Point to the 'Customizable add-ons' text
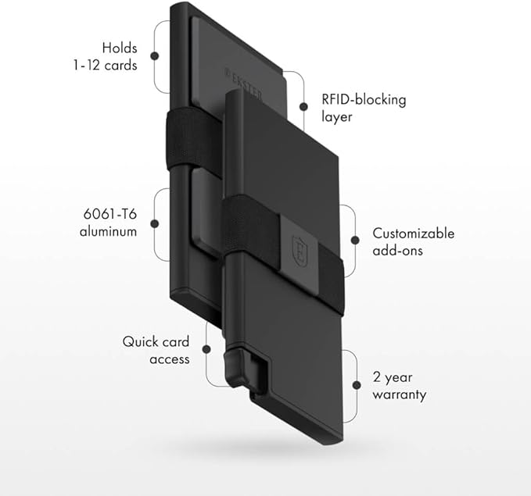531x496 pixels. tap(412, 241)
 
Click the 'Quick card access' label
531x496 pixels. tap(156, 351)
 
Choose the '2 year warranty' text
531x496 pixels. tap(400, 386)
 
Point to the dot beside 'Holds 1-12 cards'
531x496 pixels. tap(154, 56)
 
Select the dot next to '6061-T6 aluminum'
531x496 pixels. tap(154, 223)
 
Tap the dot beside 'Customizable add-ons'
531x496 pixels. tap(355, 241)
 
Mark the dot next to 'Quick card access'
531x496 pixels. tap(206, 351)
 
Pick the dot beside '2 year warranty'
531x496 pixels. tap(355, 386)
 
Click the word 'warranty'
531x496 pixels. tap(400, 394)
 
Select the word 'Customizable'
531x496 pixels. tap(412, 233)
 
